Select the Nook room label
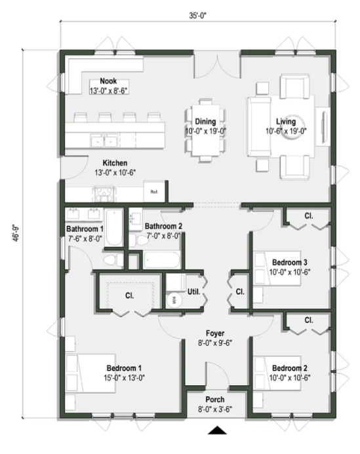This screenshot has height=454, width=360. tap(109, 81)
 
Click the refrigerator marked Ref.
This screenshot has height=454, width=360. tap(155, 192)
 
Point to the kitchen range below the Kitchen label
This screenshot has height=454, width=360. tap(103, 193)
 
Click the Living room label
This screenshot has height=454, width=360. tap(286, 122)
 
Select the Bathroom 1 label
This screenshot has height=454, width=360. tap(85, 229)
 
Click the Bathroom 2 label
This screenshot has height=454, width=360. tap(163, 226)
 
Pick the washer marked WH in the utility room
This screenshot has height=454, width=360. tap(174, 300)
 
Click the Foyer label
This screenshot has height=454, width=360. tap(216, 332)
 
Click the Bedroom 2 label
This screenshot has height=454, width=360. tap(289, 367)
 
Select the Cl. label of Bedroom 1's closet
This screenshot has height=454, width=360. tap(129, 295)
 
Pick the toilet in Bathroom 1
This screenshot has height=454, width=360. tap(111, 261)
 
